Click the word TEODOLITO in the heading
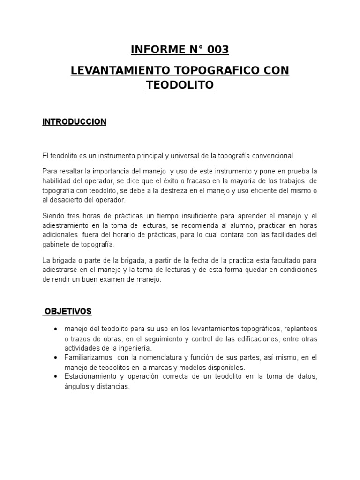[x=180, y=85]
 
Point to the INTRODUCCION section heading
[x=75, y=122]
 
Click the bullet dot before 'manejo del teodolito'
[x=56, y=329]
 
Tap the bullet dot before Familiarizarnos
[x=56, y=358]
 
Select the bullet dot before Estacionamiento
[x=56, y=377]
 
